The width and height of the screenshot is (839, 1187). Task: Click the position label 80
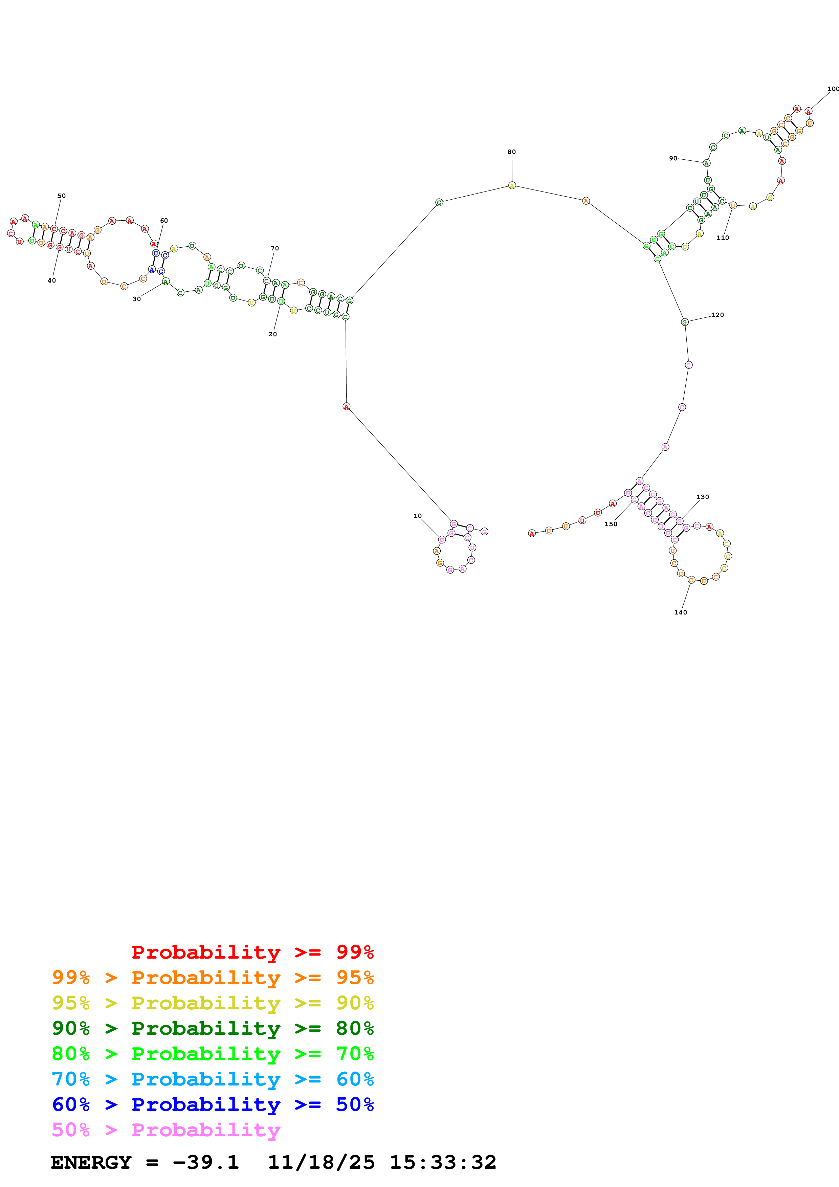click(511, 152)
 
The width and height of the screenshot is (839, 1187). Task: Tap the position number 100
click(832, 89)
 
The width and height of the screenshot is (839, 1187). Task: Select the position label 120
click(717, 315)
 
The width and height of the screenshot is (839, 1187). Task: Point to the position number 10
click(417, 516)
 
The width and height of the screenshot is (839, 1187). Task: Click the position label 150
click(611, 524)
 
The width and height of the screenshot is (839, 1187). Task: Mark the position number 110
click(722, 238)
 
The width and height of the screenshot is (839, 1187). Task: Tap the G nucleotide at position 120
click(684, 322)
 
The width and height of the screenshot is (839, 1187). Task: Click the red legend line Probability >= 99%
click(252, 952)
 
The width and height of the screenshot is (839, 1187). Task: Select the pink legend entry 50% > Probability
click(165, 1129)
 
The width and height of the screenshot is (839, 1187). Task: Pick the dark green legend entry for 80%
click(213, 1028)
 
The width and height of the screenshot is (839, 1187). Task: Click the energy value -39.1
click(205, 1162)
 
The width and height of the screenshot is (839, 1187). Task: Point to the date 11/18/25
click(321, 1162)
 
